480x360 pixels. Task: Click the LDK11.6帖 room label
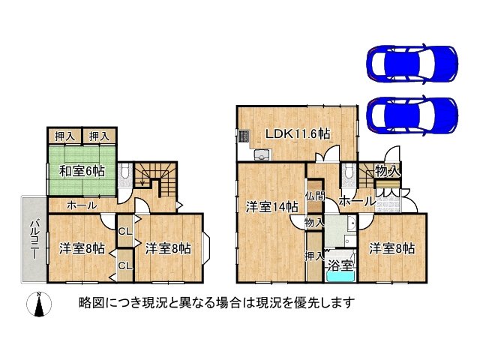click(x=298, y=134)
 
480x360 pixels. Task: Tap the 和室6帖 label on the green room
click(x=82, y=170)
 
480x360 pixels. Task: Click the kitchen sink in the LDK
click(x=262, y=154)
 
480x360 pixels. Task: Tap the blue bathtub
click(x=341, y=277)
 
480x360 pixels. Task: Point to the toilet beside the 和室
click(x=124, y=173)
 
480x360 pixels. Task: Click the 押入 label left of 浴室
click(x=315, y=256)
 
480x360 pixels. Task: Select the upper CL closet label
click(x=125, y=232)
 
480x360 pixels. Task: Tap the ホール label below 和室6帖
click(x=81, y=205)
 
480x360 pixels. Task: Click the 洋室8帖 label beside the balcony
click(x=82, y=249)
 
